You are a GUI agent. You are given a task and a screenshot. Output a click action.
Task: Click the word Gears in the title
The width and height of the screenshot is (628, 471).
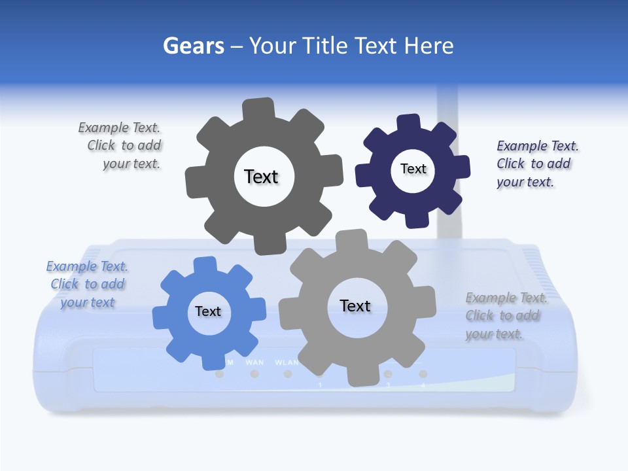click(193, 46)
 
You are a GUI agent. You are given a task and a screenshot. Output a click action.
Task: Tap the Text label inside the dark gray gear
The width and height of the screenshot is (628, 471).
click(261, 177)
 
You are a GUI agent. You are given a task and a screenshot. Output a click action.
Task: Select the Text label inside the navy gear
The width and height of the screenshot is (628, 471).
click(413, 169)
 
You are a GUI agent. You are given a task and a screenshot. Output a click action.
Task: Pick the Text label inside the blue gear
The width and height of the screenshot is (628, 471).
click(208, 311)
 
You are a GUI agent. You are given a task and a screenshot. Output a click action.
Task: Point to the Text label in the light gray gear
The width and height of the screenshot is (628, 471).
click(355, 305)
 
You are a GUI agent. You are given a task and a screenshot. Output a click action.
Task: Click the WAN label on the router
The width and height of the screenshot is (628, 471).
click(254, 362)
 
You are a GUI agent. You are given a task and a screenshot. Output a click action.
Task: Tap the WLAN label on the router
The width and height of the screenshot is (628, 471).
click(287, 362)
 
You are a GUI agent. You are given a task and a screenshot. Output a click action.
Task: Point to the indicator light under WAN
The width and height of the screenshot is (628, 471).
click(254, 374)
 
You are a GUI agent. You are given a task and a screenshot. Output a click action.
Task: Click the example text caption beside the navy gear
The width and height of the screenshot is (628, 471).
click(537, 164)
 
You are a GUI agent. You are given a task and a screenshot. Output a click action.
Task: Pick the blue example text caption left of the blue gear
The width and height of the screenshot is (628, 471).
click(87, 284)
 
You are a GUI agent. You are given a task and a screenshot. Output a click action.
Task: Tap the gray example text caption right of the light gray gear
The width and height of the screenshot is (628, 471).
click(506, 315)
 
